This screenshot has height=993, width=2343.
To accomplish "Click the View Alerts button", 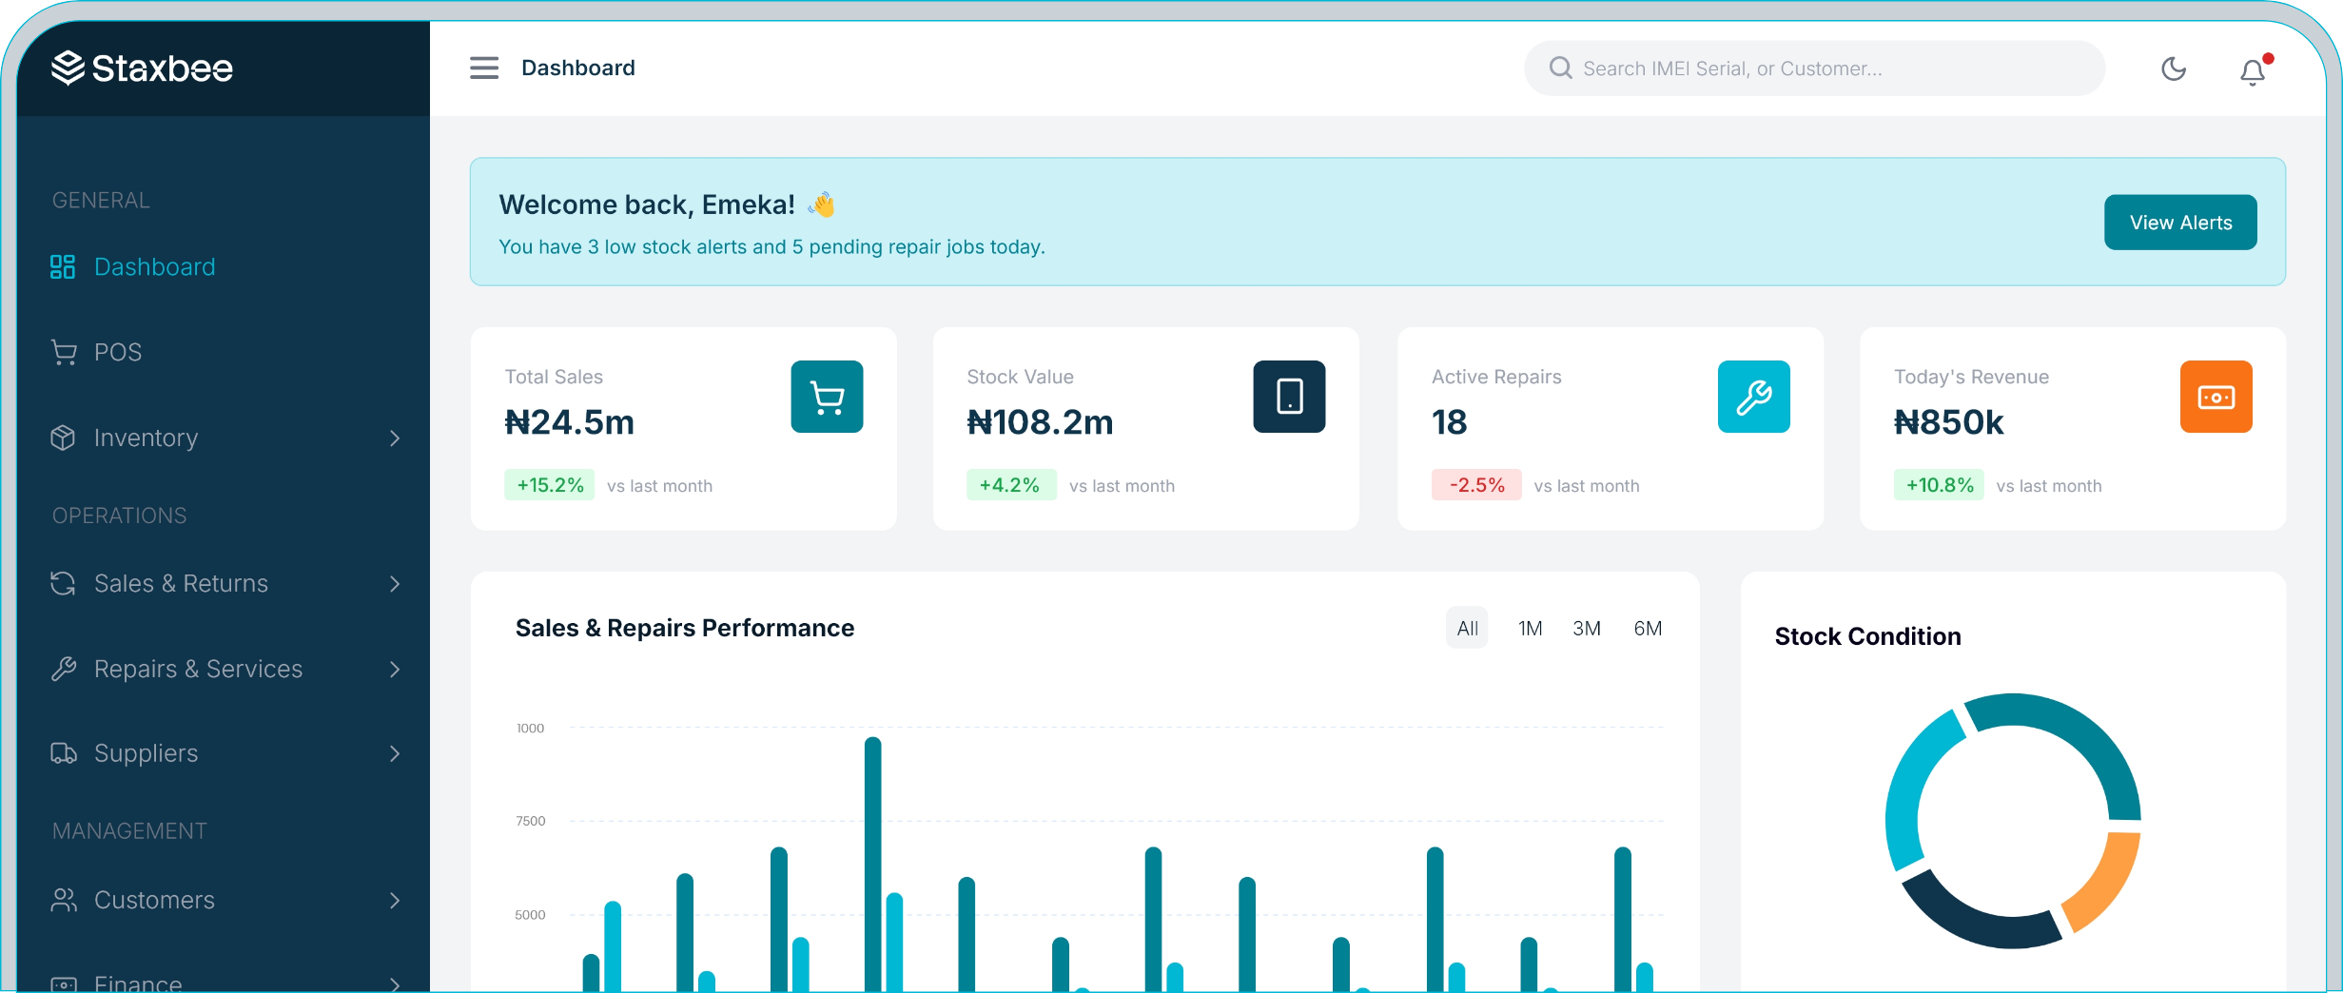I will tap(2179, 223).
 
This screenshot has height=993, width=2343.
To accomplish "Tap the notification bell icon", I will tap(2252, 71).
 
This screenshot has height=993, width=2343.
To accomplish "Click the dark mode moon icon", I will tap(2174, 68).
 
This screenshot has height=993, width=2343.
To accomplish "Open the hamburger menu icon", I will tap(484, 68).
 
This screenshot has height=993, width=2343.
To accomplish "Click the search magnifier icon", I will tap(1560, 68).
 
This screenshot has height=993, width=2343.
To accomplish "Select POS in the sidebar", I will tap(118, 353).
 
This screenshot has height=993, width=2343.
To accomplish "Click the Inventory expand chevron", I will tap(395, 438).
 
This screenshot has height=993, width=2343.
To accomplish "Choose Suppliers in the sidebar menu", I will tap(146, 753).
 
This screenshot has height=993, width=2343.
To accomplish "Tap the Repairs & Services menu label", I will tap(198, 670).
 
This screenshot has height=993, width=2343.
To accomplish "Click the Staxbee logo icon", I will tap(68, 68).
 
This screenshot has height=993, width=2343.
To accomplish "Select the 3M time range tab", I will tap(1586, 629).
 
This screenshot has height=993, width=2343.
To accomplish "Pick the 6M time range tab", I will tap(1648, 629).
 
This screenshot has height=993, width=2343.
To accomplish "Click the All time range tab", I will tap(1467, 629).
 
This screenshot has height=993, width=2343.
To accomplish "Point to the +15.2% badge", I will tap(550, 485).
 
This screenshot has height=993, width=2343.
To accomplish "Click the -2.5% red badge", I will tap(1476, 485).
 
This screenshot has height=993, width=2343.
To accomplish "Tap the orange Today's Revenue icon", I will tap(2216, 397).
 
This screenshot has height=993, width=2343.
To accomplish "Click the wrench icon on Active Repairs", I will tap(1753, 397).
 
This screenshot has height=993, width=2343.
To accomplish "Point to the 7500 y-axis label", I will tap(531, 821).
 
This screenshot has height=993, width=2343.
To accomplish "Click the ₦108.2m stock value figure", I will tap(1040, 422).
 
